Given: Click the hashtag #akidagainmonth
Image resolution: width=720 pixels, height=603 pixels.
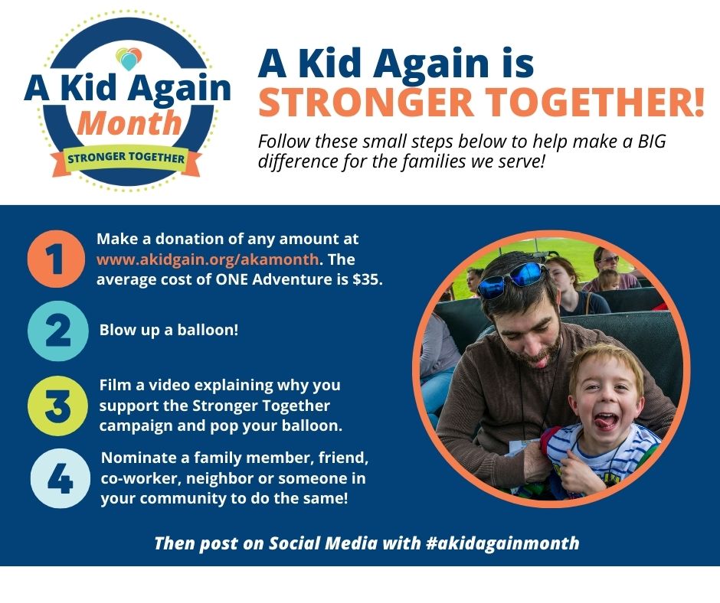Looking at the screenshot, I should pos(500,543).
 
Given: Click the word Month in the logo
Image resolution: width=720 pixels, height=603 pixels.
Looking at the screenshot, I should pos(129,122).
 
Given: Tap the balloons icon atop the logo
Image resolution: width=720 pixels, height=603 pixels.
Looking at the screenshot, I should pos(128,57).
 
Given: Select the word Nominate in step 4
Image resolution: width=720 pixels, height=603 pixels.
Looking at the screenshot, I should pos(136,458).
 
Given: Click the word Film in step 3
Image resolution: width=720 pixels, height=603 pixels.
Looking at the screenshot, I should pos(114,384).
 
